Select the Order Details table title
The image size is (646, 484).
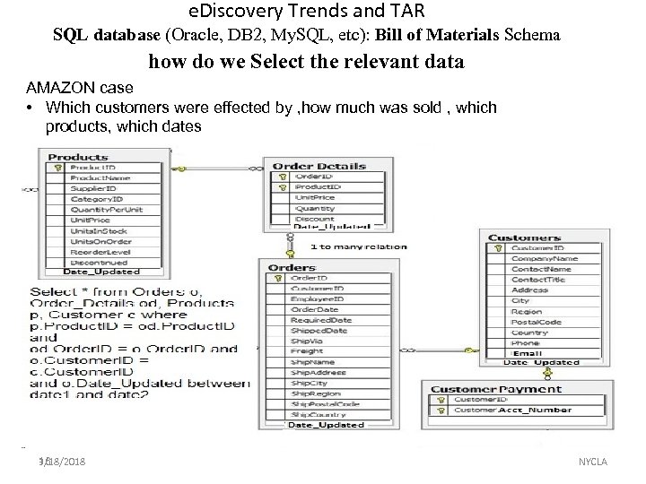point(319,166)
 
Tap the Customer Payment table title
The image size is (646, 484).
point(496,390)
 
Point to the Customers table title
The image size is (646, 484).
point(525,238)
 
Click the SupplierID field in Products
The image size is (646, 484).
point(91,189)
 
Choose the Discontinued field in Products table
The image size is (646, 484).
point(94,262)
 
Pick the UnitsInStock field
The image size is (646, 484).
point(94,230)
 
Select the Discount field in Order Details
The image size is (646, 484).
point(314,219)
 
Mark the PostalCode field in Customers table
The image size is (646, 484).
point(536,322)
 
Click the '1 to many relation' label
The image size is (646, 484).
point(358,246)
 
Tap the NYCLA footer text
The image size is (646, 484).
point(593,462)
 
